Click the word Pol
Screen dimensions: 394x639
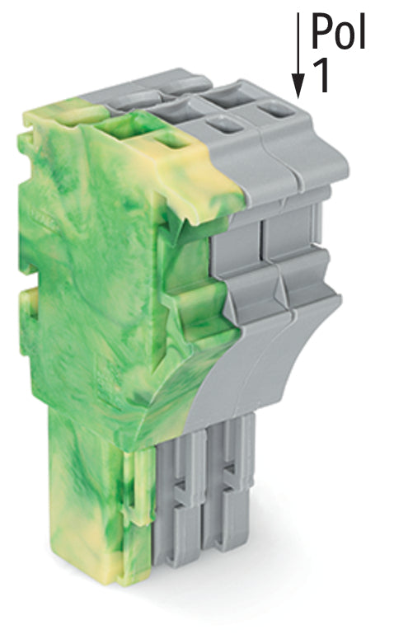click(338, 31)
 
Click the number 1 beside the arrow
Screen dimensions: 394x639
click(321, 77)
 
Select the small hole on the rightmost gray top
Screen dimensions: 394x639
click(274, 109)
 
